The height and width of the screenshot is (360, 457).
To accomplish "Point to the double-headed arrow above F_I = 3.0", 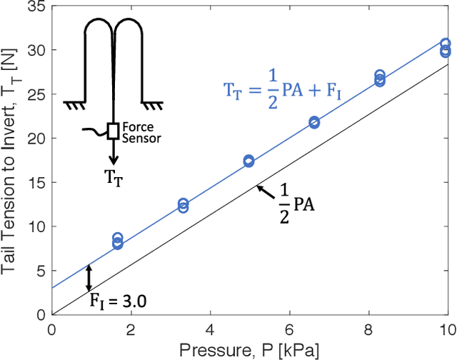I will click(x=89, y=276).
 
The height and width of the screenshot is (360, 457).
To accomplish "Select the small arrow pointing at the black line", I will click(x=265, y=191).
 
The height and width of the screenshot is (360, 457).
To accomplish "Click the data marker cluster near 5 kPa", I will click(x=248, y=161).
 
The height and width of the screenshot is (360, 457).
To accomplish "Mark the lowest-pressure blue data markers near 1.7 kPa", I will click(x=118, y=241).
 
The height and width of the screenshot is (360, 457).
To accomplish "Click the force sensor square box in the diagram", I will click(x=113, y=130).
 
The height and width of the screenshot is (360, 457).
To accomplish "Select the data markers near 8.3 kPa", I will click(x=380, y=78).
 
